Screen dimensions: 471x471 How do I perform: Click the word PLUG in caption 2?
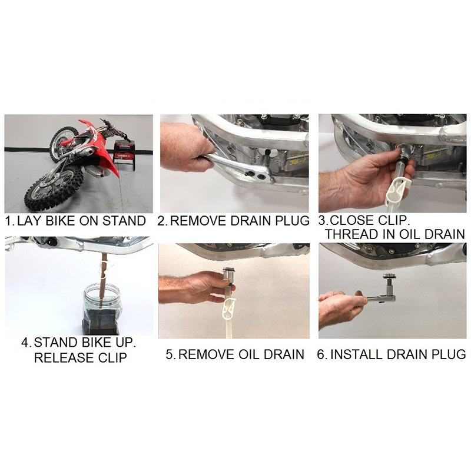[292, 222]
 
